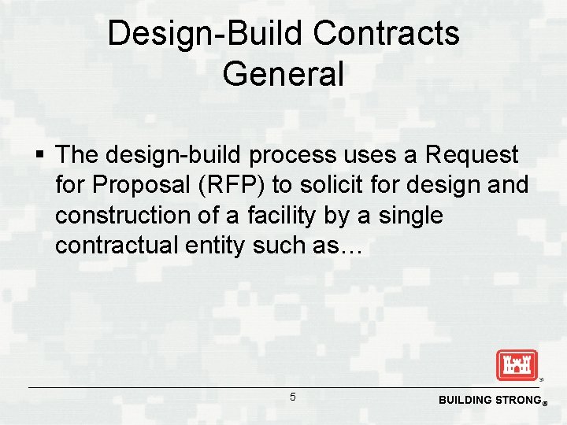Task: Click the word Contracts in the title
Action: click(x=386, y=34)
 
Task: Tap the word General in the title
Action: click(x=283, y=74)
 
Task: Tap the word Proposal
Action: click(x=143, y=185)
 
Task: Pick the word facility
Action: click(x=301, y=215)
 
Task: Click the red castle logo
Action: click(x=516, y=365)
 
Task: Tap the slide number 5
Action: click(x=293, y=397)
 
